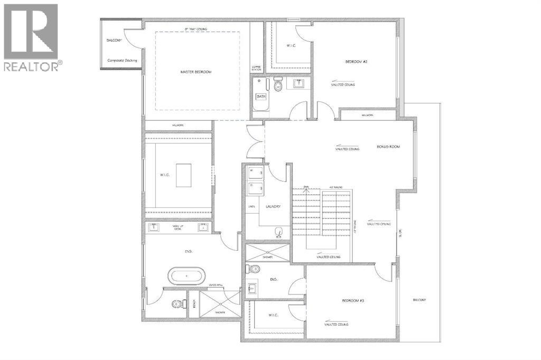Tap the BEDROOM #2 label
click(356, 62)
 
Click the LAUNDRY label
click(273, 206)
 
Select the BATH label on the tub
click(261, 97)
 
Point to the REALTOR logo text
click(33, 66)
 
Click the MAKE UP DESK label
click(178, 228)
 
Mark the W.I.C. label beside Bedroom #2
click(291, 46)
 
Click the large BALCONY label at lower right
click(420, 300)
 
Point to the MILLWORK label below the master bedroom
click(178, 125)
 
